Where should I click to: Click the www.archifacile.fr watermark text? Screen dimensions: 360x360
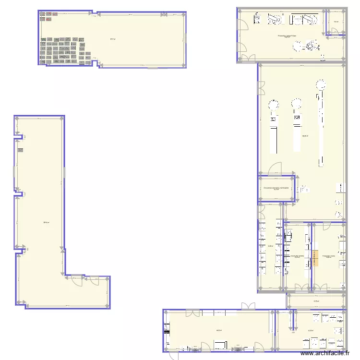(329, 354)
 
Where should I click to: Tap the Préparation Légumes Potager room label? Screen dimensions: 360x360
(287, 36)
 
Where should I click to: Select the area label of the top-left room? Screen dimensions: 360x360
(112, 39)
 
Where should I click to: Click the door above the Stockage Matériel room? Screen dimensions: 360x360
(275, 168)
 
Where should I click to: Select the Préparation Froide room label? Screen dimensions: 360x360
(329, 256)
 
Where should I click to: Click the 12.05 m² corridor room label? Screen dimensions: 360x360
(316, 301)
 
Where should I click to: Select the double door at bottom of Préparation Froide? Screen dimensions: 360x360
(321, 288)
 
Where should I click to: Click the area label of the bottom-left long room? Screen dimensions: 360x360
(219, 330)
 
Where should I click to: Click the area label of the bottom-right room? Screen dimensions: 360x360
(311, 330)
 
